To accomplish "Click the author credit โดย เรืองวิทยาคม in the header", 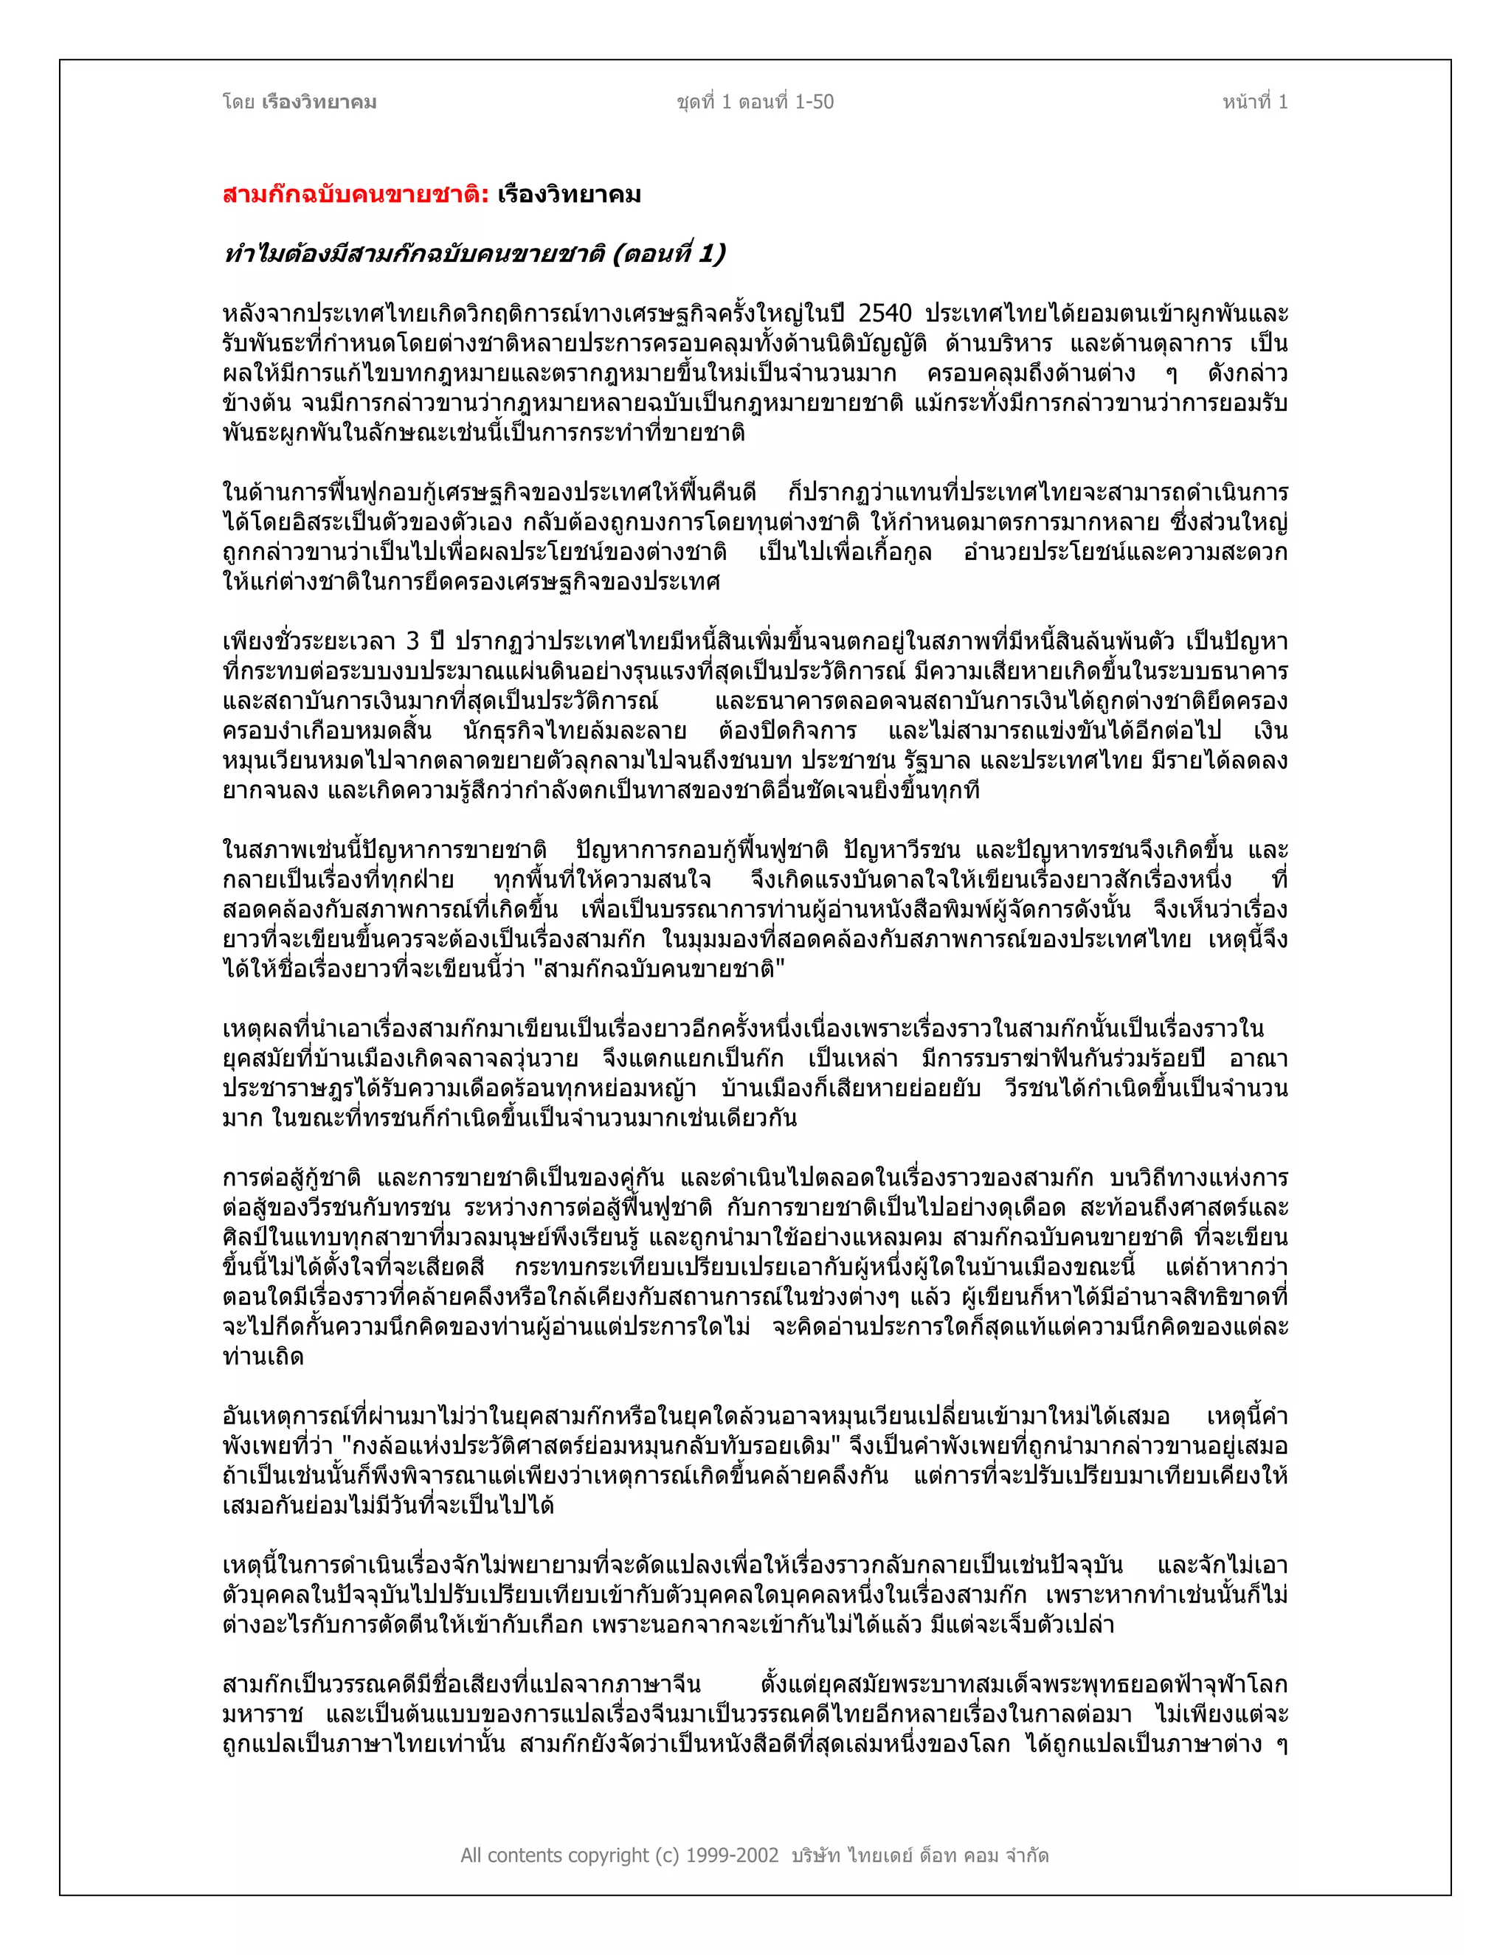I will click(299, 102).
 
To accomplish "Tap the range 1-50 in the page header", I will click(814, 102).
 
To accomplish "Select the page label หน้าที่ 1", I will click(1255, 102).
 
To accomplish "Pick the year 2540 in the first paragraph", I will click(885, 314).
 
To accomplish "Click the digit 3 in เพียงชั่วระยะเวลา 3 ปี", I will click(412, 642).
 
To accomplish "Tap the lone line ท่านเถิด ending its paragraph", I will click(263, 1357).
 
